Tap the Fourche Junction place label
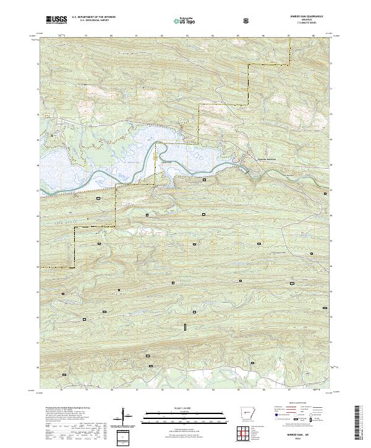coord(267,159)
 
